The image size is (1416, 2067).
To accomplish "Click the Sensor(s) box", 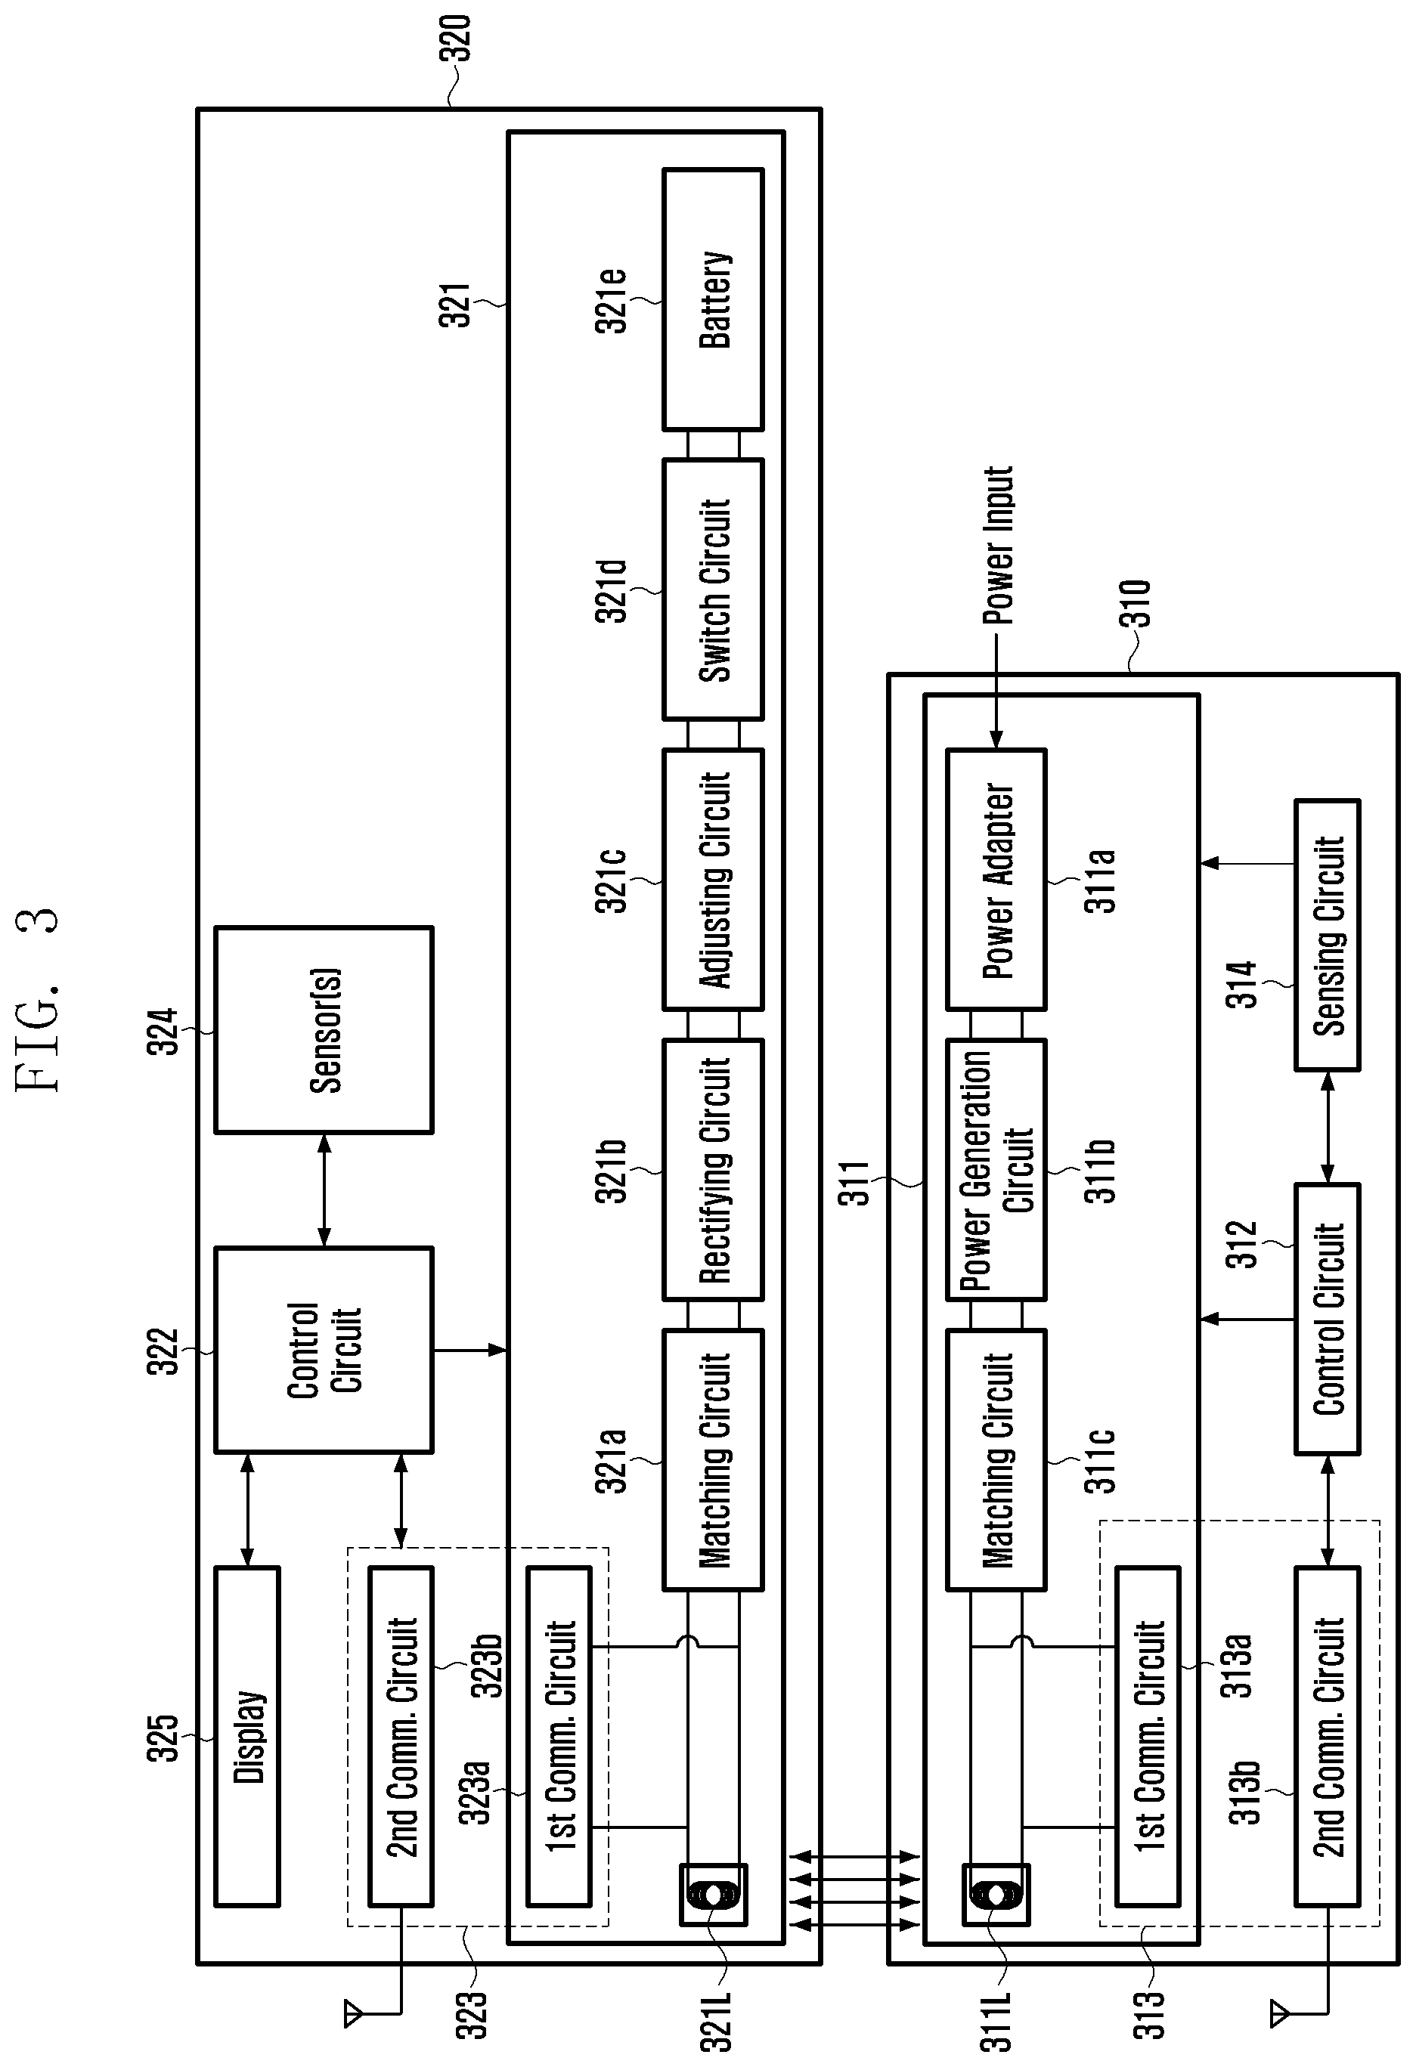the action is click(324, 1030).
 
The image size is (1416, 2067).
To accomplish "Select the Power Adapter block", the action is click(996, 880).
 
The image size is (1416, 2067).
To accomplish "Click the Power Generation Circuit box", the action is click(996, 1170).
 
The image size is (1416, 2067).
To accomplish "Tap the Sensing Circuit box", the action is click(1327, 935).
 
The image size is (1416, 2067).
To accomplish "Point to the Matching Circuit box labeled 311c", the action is click(996, 1459).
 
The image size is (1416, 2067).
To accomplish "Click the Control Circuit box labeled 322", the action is click(324, 1350).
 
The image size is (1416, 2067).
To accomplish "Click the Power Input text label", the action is click(998, 545).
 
